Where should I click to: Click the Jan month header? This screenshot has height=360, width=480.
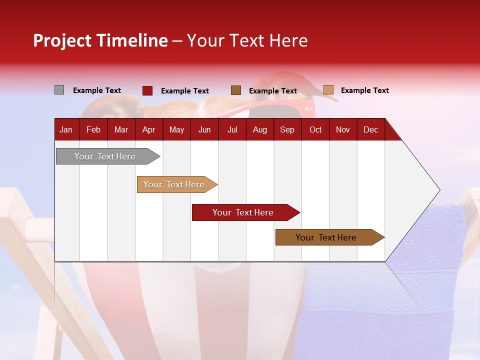[x=66, y=130]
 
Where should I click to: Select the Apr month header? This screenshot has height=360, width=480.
[x=149, y=130]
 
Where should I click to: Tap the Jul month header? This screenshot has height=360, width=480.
[x=232, y=130]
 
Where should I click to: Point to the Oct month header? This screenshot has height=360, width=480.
[x=315, y=130]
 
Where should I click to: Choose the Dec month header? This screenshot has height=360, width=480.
[x=370, y=130]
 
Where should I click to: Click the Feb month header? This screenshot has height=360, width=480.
[x=93, y=130]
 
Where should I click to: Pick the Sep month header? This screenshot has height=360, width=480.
[x=287, y=130]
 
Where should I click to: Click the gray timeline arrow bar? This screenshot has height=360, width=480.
[x=108, y=156]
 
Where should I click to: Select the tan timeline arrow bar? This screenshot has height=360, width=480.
[x=177, y=184]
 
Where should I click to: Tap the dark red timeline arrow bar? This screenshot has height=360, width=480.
[x=246, y=212]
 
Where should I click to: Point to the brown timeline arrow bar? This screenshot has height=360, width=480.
[x=330, y=237]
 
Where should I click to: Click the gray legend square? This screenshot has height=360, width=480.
[x=59, y=90]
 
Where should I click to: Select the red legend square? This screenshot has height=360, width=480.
[x=147, y=90]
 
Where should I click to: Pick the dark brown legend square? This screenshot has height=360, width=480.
[x=236, y=90]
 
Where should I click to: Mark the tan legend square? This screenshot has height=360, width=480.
[x=328, y=89]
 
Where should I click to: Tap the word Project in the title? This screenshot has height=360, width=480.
[x=62, y=40]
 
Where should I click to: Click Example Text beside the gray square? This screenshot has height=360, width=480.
[x=97, y=90]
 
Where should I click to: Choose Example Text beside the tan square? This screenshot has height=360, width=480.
[x=365, y=90]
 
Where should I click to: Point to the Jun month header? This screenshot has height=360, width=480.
[x=204, y=130]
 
